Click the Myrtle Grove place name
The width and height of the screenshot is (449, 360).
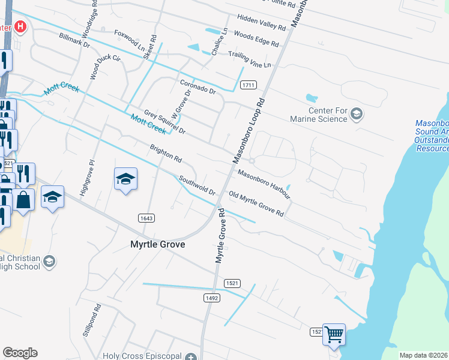(x=158, y=245)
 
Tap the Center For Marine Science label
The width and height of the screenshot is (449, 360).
(x=328, y=115)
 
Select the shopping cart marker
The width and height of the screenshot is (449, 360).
(x=334, y=334)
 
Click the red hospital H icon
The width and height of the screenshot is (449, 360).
(x=21, y=26)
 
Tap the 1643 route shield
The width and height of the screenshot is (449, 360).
(x=146, y=218)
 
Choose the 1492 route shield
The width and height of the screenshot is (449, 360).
(x=211, y=298)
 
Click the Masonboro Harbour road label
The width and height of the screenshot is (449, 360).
(x=264, y=184)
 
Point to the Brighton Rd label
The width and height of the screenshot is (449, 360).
(x=166, y=154)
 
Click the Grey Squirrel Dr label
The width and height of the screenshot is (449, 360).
(x=165, y=122)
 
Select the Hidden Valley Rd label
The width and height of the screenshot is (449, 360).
(x=261, y=23)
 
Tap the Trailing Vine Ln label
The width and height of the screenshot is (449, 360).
(x=250, y=59)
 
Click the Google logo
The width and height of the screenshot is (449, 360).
(x=20, y=353)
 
